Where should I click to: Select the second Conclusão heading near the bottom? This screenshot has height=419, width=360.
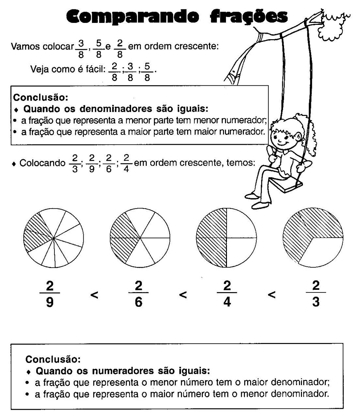coord(53,359)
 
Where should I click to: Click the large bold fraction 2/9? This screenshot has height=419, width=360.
coord(50,294)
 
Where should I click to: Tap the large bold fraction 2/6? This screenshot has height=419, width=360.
coord(139,294)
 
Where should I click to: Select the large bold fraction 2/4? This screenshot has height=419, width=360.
coord(227,294)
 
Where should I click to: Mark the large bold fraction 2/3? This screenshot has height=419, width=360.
coord(316,294)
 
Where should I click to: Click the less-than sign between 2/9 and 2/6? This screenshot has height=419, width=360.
coord(94,294)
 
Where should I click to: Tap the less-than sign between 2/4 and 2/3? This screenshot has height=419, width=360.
coord(271,294)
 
